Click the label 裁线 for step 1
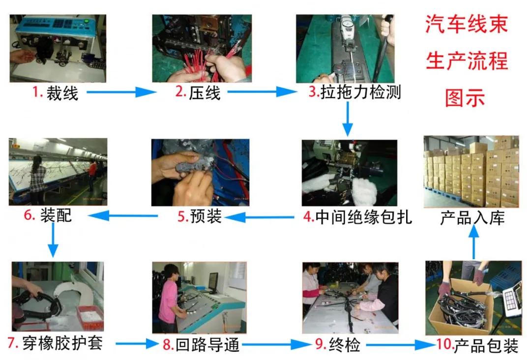coord(62,93)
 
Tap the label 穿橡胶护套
coord(63,343)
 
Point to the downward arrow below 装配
coord(53,242)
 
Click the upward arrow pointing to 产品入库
coord(473,243)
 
